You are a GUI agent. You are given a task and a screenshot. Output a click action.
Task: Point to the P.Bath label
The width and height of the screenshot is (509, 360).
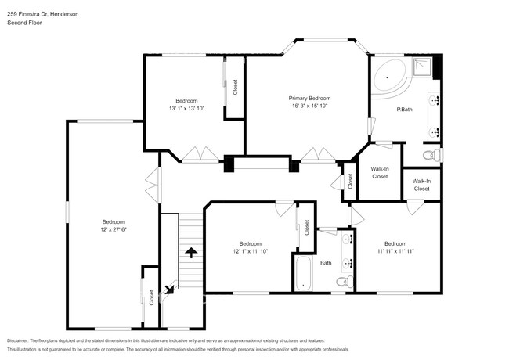click(404, 108)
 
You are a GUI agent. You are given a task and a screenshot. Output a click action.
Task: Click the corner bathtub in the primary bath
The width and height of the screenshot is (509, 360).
click(389, 77)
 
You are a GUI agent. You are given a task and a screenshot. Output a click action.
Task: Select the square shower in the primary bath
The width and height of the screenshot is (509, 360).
click(424, 66)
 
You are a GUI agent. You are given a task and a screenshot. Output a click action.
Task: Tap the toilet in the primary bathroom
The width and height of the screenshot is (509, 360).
click(430, 157)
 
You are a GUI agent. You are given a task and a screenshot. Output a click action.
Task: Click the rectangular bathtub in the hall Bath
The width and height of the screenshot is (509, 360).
click(303, 275)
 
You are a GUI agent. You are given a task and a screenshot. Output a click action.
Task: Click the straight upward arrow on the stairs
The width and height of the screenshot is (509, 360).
click(190, 252)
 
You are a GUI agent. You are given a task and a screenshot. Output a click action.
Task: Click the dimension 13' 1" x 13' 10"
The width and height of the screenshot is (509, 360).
click(186, 108)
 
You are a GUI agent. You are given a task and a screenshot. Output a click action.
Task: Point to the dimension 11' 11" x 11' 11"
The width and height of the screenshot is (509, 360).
click(394, 251)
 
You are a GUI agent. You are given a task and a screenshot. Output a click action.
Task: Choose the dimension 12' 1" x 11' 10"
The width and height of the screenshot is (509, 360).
click(251, 251)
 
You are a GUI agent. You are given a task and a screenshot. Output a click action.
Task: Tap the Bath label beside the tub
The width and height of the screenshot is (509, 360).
click(326, 263)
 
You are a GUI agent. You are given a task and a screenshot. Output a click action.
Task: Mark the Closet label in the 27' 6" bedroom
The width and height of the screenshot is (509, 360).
click(151, 297)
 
